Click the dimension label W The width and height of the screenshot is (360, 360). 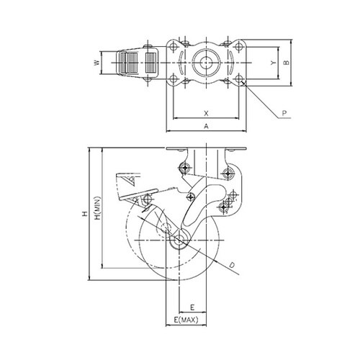tap(96, 63)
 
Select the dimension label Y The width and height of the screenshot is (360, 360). tap(273, 63)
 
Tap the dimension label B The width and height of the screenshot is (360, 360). tap(287, 63)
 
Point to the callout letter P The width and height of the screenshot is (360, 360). tap(284, 113)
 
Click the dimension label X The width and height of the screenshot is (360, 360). tap(206, 113)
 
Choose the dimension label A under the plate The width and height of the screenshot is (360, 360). tap(206, 126)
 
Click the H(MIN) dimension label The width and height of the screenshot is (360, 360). tap(98, 208)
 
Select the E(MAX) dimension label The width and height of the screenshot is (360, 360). tap(186, 320)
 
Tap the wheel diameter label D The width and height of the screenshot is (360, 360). tap(232, 265)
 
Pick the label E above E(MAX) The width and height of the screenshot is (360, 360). tap(192, 307)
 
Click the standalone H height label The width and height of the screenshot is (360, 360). tap(85, 214)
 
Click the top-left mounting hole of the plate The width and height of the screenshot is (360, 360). tap(173, 46)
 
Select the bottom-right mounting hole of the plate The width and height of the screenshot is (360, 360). tap(238, 78)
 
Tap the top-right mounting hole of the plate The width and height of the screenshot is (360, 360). tap(238, 46)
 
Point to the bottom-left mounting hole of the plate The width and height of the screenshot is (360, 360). tap(173, 78)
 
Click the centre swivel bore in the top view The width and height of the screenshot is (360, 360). tap(206, 63)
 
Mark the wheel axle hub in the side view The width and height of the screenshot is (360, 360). tap(179, 240)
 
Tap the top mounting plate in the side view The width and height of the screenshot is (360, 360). tap(206, 148)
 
